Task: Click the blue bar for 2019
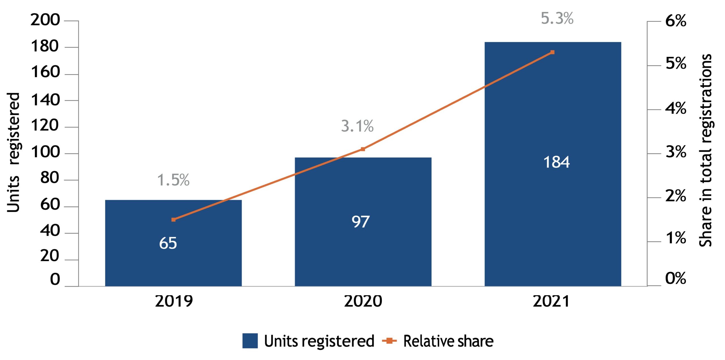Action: click(x=173, y=243)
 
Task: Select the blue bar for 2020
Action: click(x=363, y=222)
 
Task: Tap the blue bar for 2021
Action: click(x=553, y=164)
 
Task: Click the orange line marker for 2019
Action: click(x=174, y=220)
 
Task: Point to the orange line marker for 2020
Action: click(x=363, y=149)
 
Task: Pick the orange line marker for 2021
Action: click(x=552, y=52)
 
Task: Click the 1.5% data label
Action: click(x=173, y=180)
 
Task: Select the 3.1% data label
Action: click(x=357, y=126)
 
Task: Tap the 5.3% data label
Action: click(x=557, y=18)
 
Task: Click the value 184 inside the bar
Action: click(x=556, y=162)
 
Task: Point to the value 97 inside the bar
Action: click(x=361, y=222)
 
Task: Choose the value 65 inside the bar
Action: click(x=168, y=243)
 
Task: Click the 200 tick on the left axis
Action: click(x=45, y=20)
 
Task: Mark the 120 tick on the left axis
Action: click(x=45, y=125)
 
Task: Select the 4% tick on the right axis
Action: click(x=676, y=108)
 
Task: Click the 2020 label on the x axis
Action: click(x=363, y=301)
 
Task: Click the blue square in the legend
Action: click(x=250, y=341)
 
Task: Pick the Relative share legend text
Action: click(x=448, y=341)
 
